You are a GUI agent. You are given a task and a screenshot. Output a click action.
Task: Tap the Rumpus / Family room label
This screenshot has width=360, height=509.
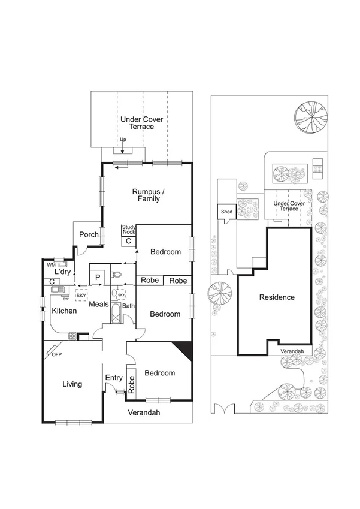point(147,195)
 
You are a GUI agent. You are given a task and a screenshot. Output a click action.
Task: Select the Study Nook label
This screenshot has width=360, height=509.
point(128,230)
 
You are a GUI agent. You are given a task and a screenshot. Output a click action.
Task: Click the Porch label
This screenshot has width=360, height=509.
point(89,234)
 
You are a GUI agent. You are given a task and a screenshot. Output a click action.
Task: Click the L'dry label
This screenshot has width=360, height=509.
point(63,272)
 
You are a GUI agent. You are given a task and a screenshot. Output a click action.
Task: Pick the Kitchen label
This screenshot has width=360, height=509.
point(63,311)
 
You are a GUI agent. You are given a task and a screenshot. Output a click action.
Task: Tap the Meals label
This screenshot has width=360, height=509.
point(99,305)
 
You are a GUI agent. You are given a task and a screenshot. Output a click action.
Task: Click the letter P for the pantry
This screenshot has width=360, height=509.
point(97,277)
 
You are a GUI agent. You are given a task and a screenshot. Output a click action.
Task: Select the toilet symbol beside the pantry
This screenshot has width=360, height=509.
point(117,275)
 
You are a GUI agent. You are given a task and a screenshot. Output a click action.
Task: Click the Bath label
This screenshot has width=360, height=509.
point(129,306)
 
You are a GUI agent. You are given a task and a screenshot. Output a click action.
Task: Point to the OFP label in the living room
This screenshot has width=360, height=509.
point(57,354)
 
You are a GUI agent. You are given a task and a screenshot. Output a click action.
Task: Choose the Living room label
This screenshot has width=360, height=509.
point(72,384)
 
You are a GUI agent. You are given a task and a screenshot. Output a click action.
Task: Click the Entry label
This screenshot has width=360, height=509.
point(114,378)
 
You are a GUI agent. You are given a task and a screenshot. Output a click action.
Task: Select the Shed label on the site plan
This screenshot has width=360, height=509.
point(226,212)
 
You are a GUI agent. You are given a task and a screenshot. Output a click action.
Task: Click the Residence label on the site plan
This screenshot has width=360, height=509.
point(277,297)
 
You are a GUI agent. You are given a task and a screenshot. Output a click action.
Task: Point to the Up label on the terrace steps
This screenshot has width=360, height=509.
point(123,140)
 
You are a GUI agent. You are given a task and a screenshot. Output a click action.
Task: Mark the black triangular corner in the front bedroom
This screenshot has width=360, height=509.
point(185,351)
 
